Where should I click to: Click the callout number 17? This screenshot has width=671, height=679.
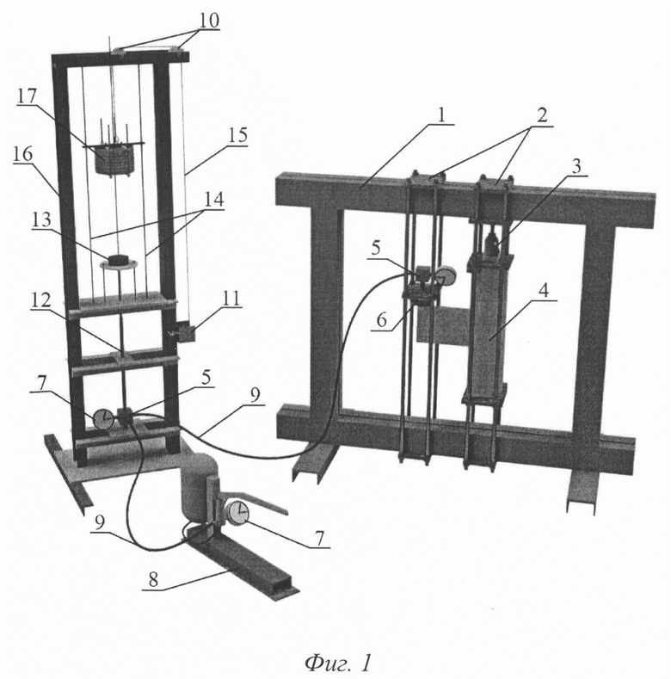coord(27,96)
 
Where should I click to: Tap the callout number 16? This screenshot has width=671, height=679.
coord(22,153)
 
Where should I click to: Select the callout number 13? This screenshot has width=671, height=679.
coord(40,220)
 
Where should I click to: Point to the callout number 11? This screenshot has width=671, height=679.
coord(231,299)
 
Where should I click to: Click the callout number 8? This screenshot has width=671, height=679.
coord(153,580)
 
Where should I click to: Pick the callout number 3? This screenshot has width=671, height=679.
coord(576,166)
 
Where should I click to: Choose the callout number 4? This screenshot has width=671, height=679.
coord(544,290)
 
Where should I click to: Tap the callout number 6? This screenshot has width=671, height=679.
coord(381,320)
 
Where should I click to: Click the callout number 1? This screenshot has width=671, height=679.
coord(441,115)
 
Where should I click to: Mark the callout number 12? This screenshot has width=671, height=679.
coord(40,300)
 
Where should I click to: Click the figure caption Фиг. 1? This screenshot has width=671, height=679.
coord(339,662)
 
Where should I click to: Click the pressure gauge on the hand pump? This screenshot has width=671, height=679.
coord(238,513)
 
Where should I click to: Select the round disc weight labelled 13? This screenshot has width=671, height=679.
coord(119,262)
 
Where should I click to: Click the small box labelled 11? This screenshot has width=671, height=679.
coord(184,333)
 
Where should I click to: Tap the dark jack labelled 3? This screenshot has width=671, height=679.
coord(491,244)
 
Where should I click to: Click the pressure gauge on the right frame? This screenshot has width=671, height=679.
coord(446,276)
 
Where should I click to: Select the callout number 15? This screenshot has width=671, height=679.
coord(238,135)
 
